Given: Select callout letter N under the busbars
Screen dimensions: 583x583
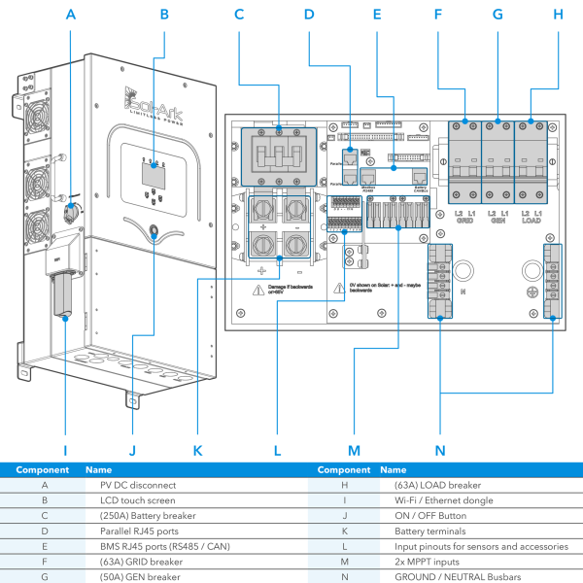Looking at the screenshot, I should pyautogui.click(x=441, y=451).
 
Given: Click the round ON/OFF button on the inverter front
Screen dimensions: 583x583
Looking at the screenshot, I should pyautogui.click(x=154, y=232).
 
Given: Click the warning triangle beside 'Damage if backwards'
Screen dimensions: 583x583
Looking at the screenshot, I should pyautogui.click(x=258, y=290).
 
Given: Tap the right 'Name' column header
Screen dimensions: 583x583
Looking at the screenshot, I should pyautogui.click(x=393, y=468).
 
